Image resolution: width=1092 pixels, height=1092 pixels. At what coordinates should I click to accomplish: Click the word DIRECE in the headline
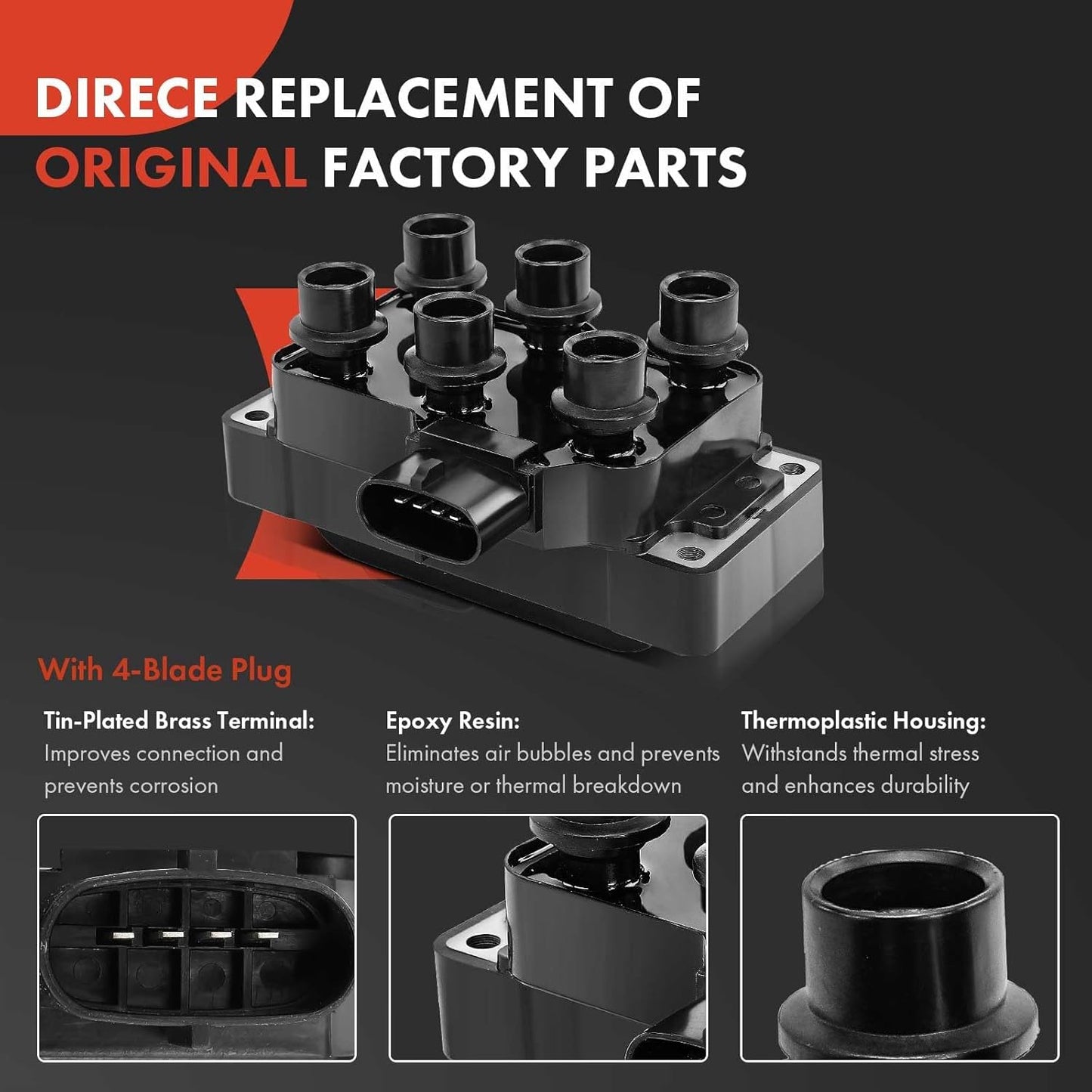click(127, 97)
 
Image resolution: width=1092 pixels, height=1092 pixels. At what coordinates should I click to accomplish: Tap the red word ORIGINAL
click(171, 166)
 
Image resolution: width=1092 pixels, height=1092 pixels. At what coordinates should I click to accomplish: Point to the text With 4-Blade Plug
click(165, 670)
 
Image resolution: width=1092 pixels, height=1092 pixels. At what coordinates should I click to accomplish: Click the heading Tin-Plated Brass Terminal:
click(179, 721)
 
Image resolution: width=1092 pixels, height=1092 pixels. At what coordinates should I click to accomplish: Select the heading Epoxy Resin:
click(453, 722)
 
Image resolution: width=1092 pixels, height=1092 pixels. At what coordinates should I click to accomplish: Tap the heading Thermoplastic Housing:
click(864, 722)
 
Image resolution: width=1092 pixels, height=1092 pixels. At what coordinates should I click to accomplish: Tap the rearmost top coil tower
click(440, 252)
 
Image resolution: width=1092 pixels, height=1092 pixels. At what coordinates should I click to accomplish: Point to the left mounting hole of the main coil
click(258, 416)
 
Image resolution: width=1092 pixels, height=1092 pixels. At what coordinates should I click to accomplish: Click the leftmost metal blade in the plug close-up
click(123, 935)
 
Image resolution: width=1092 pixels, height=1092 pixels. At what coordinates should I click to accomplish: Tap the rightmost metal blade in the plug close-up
click(268, 935)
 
